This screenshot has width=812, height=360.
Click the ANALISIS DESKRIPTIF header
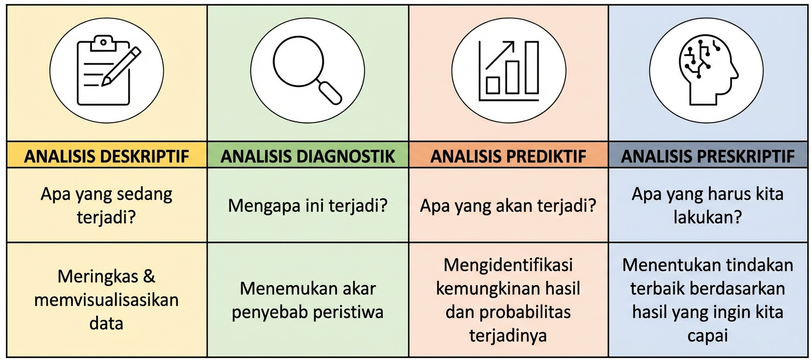click(106, 156)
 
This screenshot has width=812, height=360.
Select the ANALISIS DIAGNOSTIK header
click(308, 156)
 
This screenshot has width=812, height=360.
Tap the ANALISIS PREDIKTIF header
click(508, 156)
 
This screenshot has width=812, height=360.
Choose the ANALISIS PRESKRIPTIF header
click(708, 156)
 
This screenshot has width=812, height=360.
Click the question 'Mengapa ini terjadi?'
click(308, 205)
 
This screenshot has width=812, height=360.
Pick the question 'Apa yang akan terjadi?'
click(508, 205)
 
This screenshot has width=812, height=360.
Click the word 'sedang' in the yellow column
click(148, 195)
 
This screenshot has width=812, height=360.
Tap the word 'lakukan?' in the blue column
click(708, 217)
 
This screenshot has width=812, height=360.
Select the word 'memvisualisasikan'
click(106, 300)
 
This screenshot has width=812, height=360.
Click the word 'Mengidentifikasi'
click(508, 265)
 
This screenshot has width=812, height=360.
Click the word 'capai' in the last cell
click(708, 335)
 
